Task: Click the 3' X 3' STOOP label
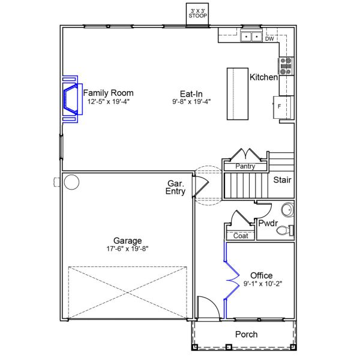click(x=197, y=14)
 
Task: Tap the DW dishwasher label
click(x=269, y=39)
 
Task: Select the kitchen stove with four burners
click(x=286, y=66)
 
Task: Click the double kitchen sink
click(x=251, y=37)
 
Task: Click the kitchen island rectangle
click(x=238, y=94)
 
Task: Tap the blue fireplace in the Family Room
click(x=73, y=99)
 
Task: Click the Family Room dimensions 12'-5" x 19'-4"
click(x=109, y=101)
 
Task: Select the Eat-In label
click(x=191, y=94)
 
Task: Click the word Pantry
click(x=245, y=166)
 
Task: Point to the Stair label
click(x=282, y=180)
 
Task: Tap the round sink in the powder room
click(x=287, y=209)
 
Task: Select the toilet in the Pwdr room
click(x=285, y=230)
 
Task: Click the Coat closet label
click(x=241, y=236)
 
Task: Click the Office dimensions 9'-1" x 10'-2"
click(x=263, y=284)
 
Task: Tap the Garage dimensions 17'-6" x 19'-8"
click(x=127, y=248)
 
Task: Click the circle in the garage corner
click(x=71, y=182)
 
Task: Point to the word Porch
click(x=247, y=334)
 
